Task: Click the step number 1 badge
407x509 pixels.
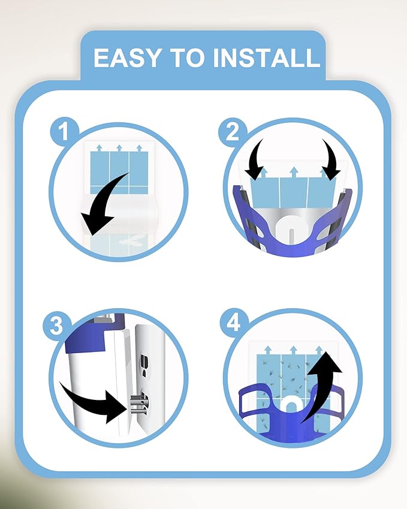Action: coord(64,131)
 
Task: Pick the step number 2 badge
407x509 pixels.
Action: coord(233,132)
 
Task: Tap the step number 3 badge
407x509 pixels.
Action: coord(56,326)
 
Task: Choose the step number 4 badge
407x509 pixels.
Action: coord(234,323)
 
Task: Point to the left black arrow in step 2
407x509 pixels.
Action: coord(255,159)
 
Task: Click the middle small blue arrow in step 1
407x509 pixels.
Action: coord(119,148)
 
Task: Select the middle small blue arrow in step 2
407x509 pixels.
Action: coord(294,171)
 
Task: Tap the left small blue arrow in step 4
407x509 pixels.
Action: coord(268,350)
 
